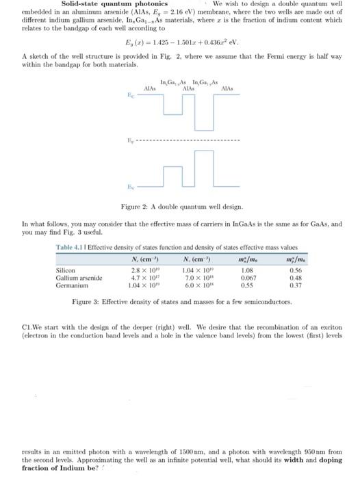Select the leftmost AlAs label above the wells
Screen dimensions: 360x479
pyautogui.click(x=150, y=89)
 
